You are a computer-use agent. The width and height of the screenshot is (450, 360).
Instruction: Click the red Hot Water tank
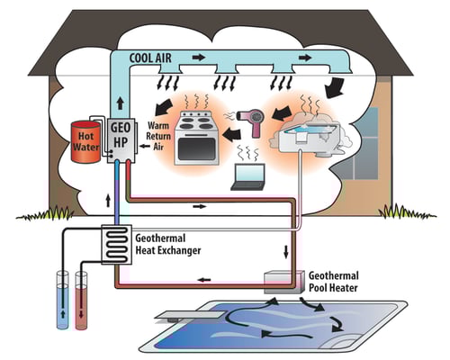click(85, 142)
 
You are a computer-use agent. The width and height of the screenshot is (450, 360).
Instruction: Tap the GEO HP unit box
click(121, 140)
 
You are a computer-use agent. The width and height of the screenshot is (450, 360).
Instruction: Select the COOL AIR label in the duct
click(150, 58)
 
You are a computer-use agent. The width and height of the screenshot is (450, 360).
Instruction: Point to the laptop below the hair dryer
click(248, 177)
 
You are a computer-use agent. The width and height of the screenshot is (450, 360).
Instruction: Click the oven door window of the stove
click(196, 148)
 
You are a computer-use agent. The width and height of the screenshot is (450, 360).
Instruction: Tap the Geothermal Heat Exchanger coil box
click(117, 245)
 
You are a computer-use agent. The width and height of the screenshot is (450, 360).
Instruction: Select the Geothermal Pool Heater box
click(283, 283)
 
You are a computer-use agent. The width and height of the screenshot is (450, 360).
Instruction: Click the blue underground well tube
click(63, 300)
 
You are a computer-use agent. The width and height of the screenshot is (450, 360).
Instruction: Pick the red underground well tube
click(81, 301)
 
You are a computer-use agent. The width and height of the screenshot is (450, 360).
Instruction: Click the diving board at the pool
click(190, 316)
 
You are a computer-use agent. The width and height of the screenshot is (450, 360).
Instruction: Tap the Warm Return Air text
click(158, 136)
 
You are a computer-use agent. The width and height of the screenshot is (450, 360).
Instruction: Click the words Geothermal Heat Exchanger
click(168, 244)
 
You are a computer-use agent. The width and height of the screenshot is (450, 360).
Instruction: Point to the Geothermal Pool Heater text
click(334, 282)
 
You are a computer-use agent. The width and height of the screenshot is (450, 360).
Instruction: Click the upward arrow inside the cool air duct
click(121, 103)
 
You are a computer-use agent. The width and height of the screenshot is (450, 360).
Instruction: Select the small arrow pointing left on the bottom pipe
click(204, 280)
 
